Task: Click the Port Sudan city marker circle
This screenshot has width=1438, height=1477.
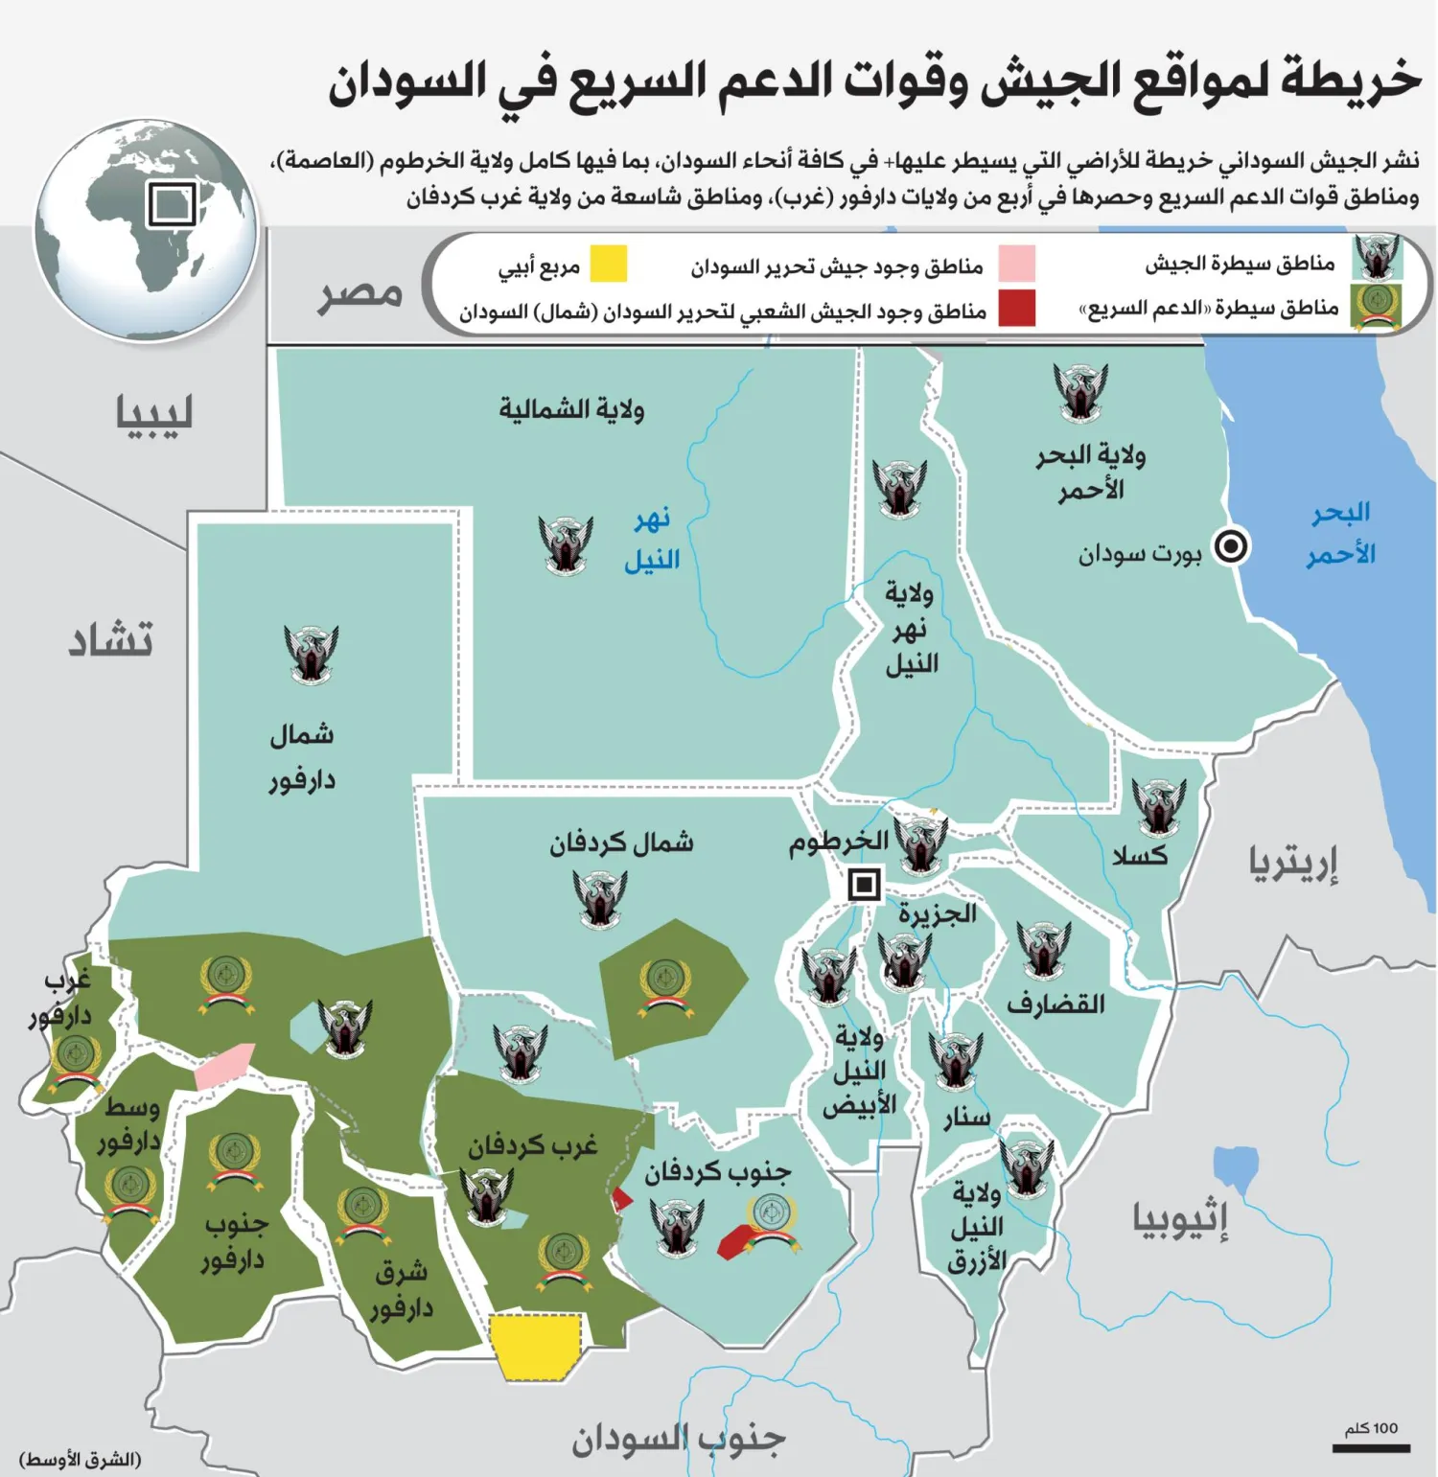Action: pos(1231,546)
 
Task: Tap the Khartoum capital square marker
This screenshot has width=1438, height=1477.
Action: pos(865,884)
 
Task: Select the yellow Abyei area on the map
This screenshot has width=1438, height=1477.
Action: pos(535,1347)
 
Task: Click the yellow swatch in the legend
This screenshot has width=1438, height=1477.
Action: pos(608,264)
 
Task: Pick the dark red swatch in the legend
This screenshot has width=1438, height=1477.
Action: pos(1016,309)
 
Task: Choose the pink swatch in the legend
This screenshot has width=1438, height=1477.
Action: pos(1016,264)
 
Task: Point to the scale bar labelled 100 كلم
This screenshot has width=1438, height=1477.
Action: pos(1371,1447)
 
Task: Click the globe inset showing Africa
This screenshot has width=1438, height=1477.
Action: pos(146,230)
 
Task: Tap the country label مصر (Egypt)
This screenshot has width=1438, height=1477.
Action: pos(360,293)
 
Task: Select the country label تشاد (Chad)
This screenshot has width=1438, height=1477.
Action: pos(110,639)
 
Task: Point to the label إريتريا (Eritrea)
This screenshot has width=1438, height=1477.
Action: pos(1292,863)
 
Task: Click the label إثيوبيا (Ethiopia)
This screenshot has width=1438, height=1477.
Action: pos(1180,1219)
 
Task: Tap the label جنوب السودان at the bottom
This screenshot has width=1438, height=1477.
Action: pos(679,1439)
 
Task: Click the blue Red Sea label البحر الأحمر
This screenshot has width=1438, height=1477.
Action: pos(1340,533)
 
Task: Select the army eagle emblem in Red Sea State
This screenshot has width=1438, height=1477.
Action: pos(1080,391)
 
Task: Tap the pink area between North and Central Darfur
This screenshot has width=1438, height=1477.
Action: pos(225,1066)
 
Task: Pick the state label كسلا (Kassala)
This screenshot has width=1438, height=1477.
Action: pos(1140,855)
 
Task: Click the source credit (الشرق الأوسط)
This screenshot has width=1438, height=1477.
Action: pos(81,1459)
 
